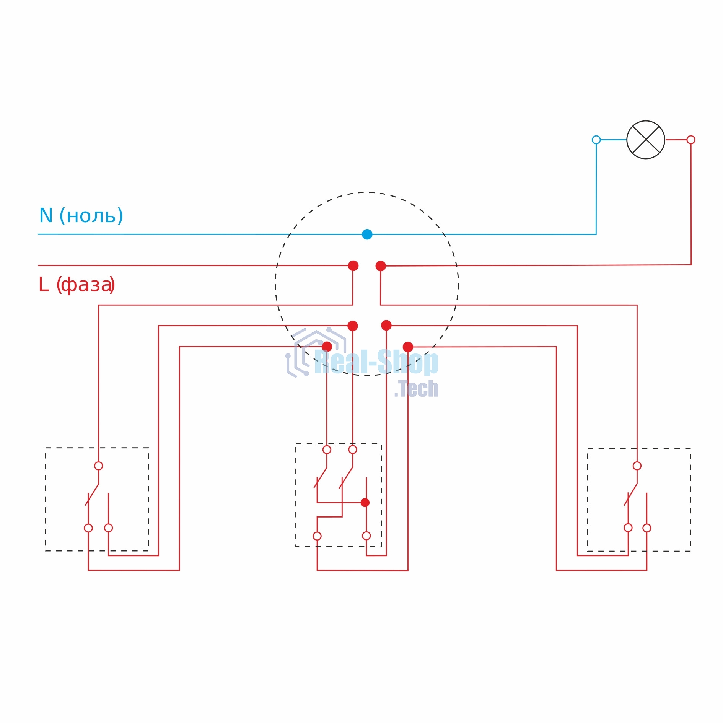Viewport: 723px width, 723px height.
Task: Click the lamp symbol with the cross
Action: pos(646,140)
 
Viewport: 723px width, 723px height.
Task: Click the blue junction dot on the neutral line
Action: pos(367,234)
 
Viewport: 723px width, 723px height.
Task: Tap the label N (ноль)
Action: pos(81,216)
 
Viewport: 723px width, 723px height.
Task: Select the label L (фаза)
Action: pos(77,285)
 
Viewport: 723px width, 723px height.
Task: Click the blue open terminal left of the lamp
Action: pos(596,140)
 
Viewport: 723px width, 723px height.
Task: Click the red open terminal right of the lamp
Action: pos(691,140)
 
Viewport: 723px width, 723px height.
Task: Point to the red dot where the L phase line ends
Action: pos(353,266)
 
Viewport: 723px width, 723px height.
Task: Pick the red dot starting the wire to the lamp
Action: pos(381,266)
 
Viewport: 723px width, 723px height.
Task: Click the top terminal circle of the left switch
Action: pos(99,466)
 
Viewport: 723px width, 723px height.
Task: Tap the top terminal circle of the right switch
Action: pos(637,466)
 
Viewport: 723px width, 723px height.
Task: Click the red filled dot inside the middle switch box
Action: pos(365,503)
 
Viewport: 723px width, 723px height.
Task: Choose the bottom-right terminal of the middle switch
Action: pos(366,536)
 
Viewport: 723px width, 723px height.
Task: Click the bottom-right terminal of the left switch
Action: pos(109,528)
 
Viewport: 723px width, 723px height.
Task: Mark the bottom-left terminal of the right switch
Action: pos(628,528)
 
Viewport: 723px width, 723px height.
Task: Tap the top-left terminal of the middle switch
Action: pos(327,450)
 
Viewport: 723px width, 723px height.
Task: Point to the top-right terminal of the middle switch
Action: pos(353,450)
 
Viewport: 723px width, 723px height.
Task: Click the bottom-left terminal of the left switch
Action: pos(88,528)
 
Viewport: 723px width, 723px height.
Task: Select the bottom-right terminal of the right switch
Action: pos(647,528)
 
